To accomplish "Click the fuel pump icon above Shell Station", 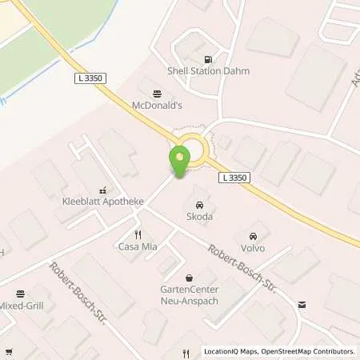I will click(x=210, y=58).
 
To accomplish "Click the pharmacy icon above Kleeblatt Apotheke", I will click(x=103, y=190).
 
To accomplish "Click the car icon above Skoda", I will click(x=199, y=203).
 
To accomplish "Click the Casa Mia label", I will click(x=138, y=246).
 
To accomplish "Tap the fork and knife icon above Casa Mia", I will click(x=138, y=234).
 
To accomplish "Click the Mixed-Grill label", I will click(x=22, y=306).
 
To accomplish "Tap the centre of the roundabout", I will click(x=193, y=150).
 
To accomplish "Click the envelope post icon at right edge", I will click(x=302, y=304).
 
